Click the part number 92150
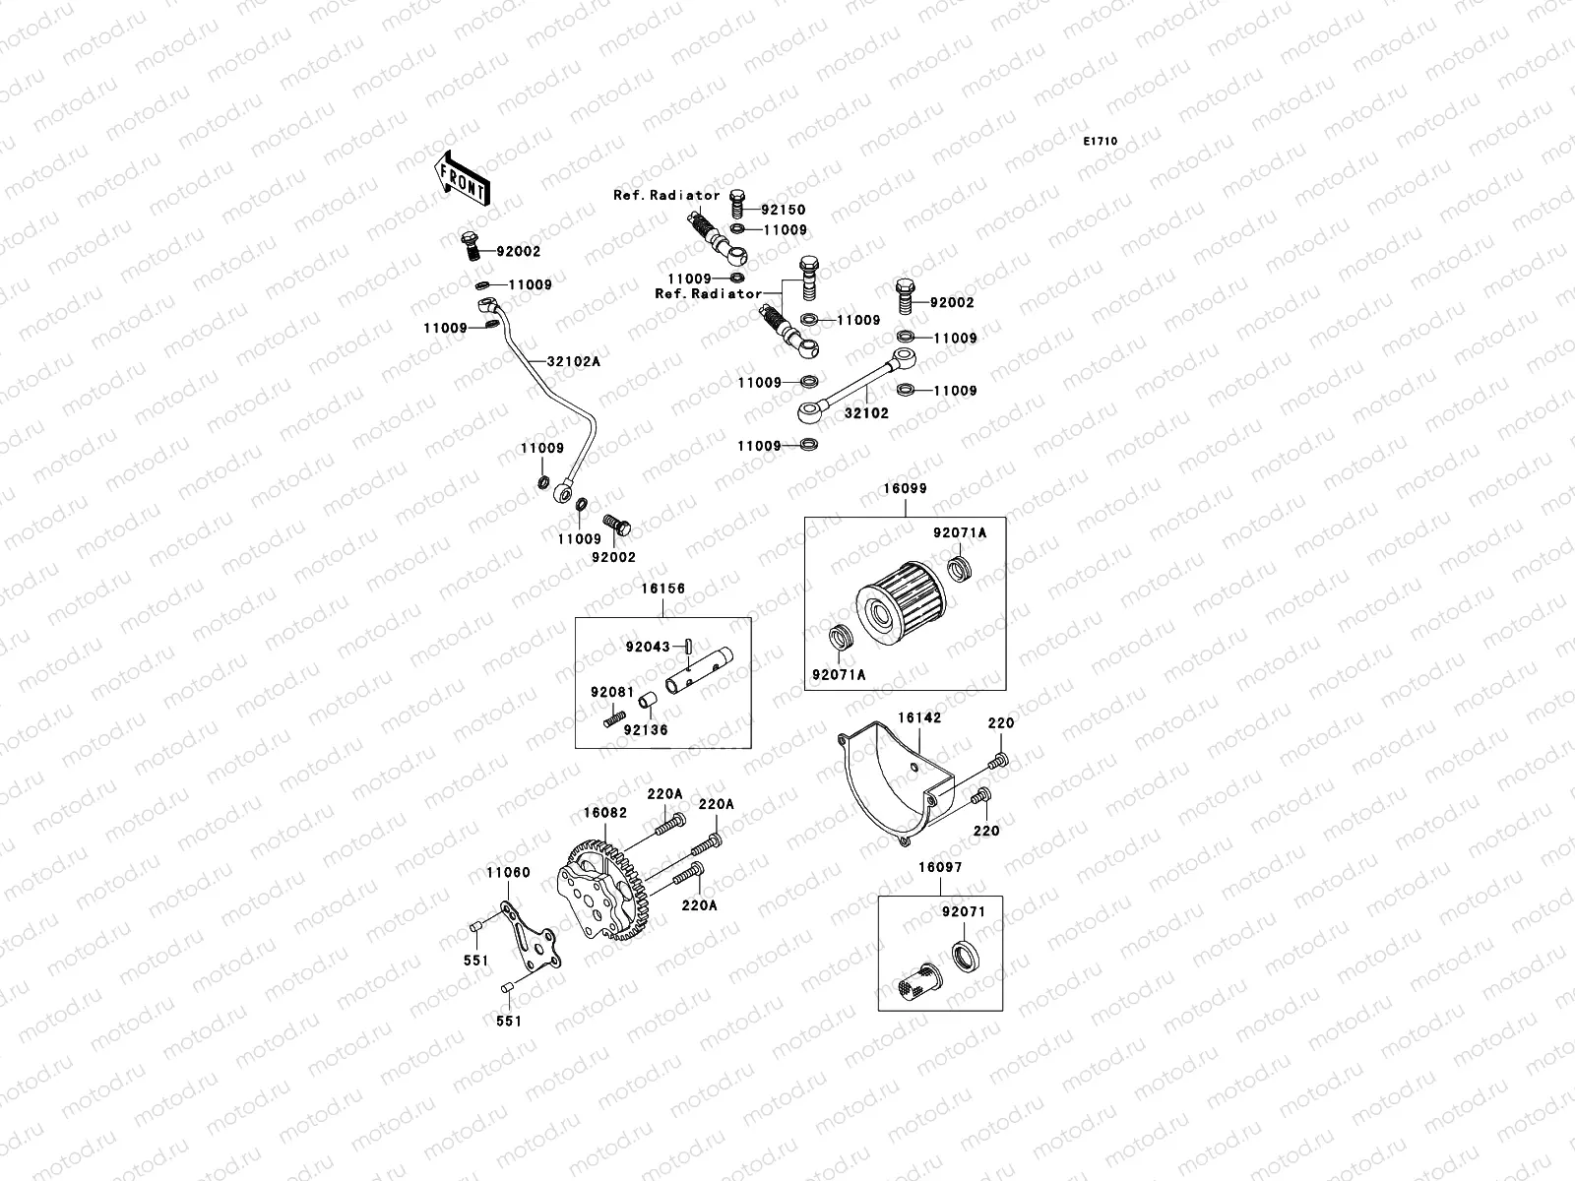point(783,210)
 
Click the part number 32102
point(866,413)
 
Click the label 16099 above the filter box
point(905,488)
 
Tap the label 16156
point(662,589)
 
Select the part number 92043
point(648,647)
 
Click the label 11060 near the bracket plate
point(507,872)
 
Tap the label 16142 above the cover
point(918,718)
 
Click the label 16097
point(940,868)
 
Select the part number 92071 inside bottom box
point(963,912)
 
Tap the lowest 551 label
point(508,1021)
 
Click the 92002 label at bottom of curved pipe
point(613,557)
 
